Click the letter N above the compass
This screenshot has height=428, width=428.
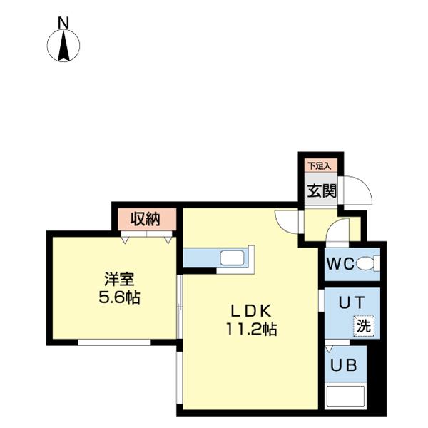coord(63,22)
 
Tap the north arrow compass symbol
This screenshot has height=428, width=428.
coord(63,46)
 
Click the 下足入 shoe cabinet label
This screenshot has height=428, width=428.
coord(319,166)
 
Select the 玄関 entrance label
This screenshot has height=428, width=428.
coord(318,191)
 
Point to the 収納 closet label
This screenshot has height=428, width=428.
coord(145,219)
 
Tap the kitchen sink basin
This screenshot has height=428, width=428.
coord(231,258)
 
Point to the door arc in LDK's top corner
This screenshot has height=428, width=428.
coord(286,221)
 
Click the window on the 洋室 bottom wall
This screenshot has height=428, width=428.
coord(114,342)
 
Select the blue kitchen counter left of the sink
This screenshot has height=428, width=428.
coord(200,258)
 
